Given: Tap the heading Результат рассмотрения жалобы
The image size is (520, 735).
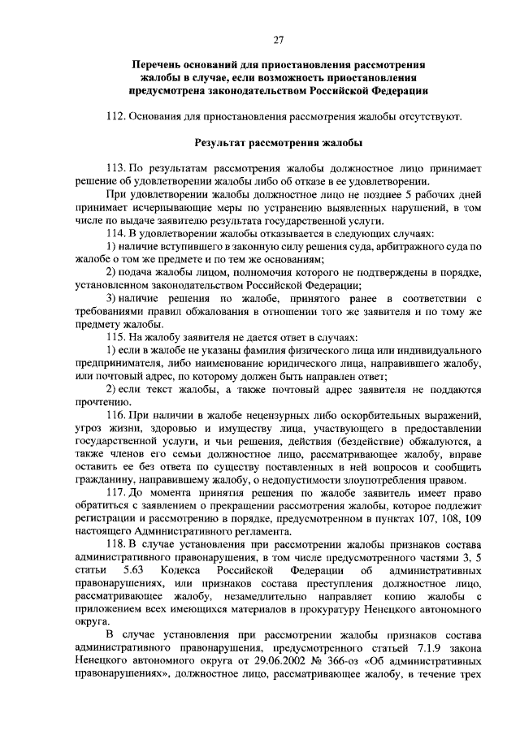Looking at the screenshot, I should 278,144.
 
